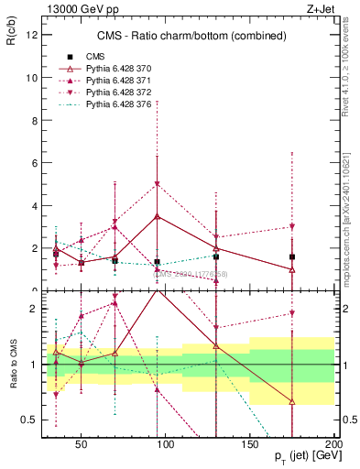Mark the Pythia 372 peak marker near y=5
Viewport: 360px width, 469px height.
click(158, 184)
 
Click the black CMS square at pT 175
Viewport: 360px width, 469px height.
click(292, 257)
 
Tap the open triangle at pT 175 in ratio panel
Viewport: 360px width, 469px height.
click(292, 401)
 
